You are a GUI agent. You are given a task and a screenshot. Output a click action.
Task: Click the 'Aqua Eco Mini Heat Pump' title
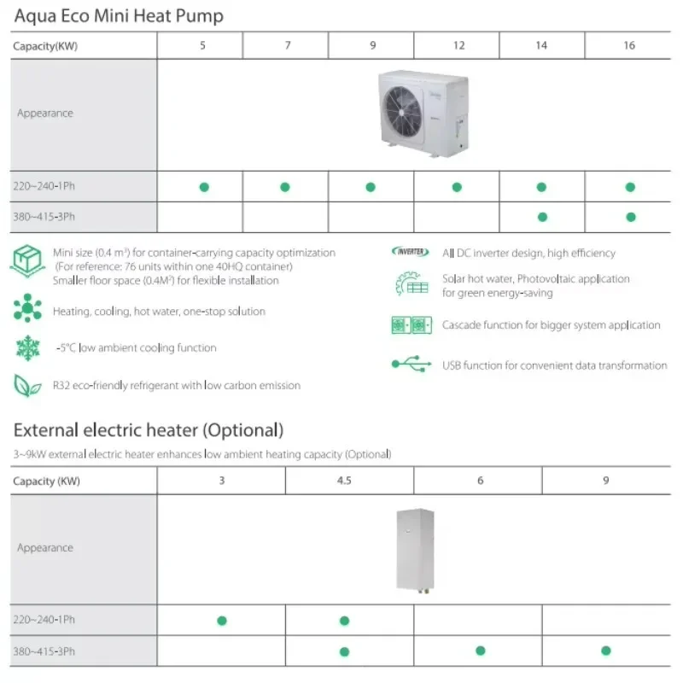click(119, 15)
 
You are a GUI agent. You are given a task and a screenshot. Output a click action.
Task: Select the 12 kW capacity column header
click(458, 45)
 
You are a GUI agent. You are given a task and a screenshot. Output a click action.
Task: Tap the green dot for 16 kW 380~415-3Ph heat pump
click(630, 217)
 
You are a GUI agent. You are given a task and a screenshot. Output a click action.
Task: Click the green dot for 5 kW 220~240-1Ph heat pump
click(203, 187)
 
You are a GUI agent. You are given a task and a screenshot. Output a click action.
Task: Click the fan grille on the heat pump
click(406, 113)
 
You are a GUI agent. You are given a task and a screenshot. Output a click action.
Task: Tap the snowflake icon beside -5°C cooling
click(27, 347)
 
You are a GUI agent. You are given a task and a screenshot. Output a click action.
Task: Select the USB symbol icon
click(412, 365)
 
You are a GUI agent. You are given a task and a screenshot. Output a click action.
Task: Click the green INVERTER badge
click(411, 252)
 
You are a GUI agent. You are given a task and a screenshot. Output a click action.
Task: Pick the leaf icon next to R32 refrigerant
click(27, 385)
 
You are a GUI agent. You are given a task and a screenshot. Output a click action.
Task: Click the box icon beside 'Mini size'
click(27, 260)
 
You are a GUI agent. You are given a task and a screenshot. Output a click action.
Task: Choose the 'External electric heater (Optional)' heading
click(149, 429)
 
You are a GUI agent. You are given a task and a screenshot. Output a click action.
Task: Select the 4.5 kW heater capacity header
click(344, 481)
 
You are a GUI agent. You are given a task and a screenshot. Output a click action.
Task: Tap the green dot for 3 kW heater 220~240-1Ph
click(221, 620)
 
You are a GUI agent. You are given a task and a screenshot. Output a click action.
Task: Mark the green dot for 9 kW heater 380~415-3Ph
click(605, 651)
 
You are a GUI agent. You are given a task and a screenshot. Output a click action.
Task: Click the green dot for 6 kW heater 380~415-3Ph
click(480, 651)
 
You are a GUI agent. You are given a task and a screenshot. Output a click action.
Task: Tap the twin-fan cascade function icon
click(412, 325)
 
